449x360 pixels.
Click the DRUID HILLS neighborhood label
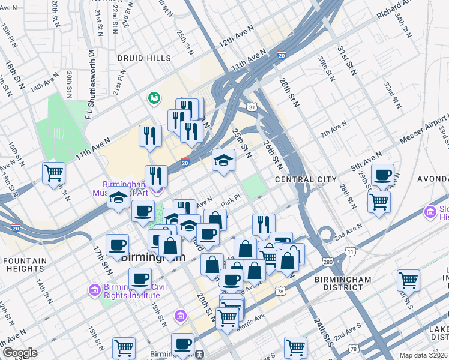(145, 59)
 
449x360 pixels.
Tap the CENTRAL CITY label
(303, 179)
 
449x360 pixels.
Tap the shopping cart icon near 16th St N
(54, 173)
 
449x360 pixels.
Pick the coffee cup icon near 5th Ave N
(382, 175)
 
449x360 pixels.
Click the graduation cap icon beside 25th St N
(223, 160)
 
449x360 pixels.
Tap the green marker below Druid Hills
(154, 97)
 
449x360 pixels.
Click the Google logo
(19, 353)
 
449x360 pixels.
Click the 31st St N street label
(345, 60)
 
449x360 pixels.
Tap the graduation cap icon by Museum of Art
(119, 197)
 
